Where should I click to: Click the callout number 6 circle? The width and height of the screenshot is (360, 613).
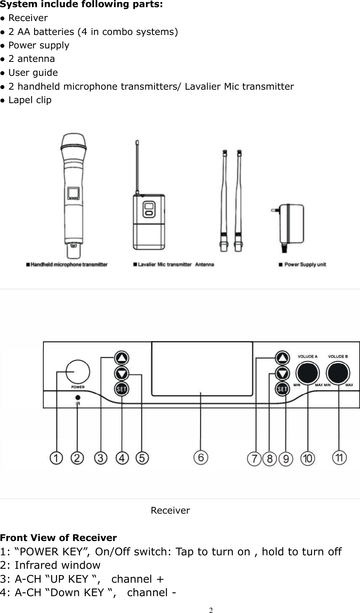pyautogui.click(x=201, y=458)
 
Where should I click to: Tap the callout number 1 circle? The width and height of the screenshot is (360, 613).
pyautogui.click(x=56, y=458)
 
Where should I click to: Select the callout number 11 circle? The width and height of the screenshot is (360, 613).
pyautogui.click(x=339, y=458)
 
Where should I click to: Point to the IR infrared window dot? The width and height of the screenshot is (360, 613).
pyautogui.click(x=78, y=397)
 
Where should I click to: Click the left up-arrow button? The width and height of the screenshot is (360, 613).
pyautogui.click(x=122, y=358)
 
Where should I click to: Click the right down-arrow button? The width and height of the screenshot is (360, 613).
pyautogui.click(x=282, y=373)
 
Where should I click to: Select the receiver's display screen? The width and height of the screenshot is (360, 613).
pyautogui.click(x=202, y=369)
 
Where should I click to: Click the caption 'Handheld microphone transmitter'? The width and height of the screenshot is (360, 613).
pyautogui.click(x=67, y=265)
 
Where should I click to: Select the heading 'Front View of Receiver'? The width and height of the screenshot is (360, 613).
pyautogui.click(x=59, y=538)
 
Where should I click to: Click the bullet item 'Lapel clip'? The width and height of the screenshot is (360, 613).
pyautogui.click(x=29, y=100)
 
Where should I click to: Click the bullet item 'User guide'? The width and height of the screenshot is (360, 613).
pyautogui.click(x=33, y=73)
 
